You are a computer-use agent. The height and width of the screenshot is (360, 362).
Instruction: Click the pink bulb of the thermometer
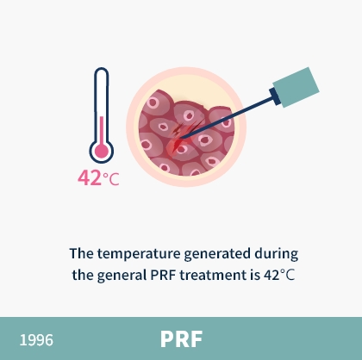(x=102, y=151)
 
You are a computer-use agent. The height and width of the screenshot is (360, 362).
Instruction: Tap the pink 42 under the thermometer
(x=90, y=178)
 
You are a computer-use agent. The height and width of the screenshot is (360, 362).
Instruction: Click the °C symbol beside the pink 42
(x=111, y=179)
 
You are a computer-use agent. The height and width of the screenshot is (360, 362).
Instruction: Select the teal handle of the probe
(x=296, y=87)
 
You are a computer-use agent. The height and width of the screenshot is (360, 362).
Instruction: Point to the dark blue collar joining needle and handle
(x=275, y=96)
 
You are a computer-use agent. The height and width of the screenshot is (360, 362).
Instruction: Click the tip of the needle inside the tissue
(x=180, y=138)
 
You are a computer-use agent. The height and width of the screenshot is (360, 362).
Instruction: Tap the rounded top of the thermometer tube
(x=102, y=71)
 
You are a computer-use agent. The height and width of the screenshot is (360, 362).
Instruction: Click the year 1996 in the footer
(x=36, y=340)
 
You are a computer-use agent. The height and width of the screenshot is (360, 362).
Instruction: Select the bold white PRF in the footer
(x=181, y=339)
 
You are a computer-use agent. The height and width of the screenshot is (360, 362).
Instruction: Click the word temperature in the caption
(x=139, y=254)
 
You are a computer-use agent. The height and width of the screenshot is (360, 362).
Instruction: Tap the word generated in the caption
(x=217, y=254)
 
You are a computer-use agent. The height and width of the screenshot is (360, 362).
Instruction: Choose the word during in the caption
(x=277, y=254)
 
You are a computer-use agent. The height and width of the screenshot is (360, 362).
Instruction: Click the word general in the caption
(x=122, y=276)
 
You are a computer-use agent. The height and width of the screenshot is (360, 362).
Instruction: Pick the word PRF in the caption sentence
(x=163, y=275)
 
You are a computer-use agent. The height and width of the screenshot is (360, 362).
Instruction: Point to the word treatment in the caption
(x=213, y=276)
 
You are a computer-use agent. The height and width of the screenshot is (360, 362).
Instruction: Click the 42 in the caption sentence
(x=271, y=276)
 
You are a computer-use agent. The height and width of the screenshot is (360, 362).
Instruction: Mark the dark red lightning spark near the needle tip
(x=178, y=130)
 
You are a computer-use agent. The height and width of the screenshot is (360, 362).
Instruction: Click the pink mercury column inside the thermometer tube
(x=102, y=131)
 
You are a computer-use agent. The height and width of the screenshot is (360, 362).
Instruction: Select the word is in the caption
(x=255, y=275)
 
